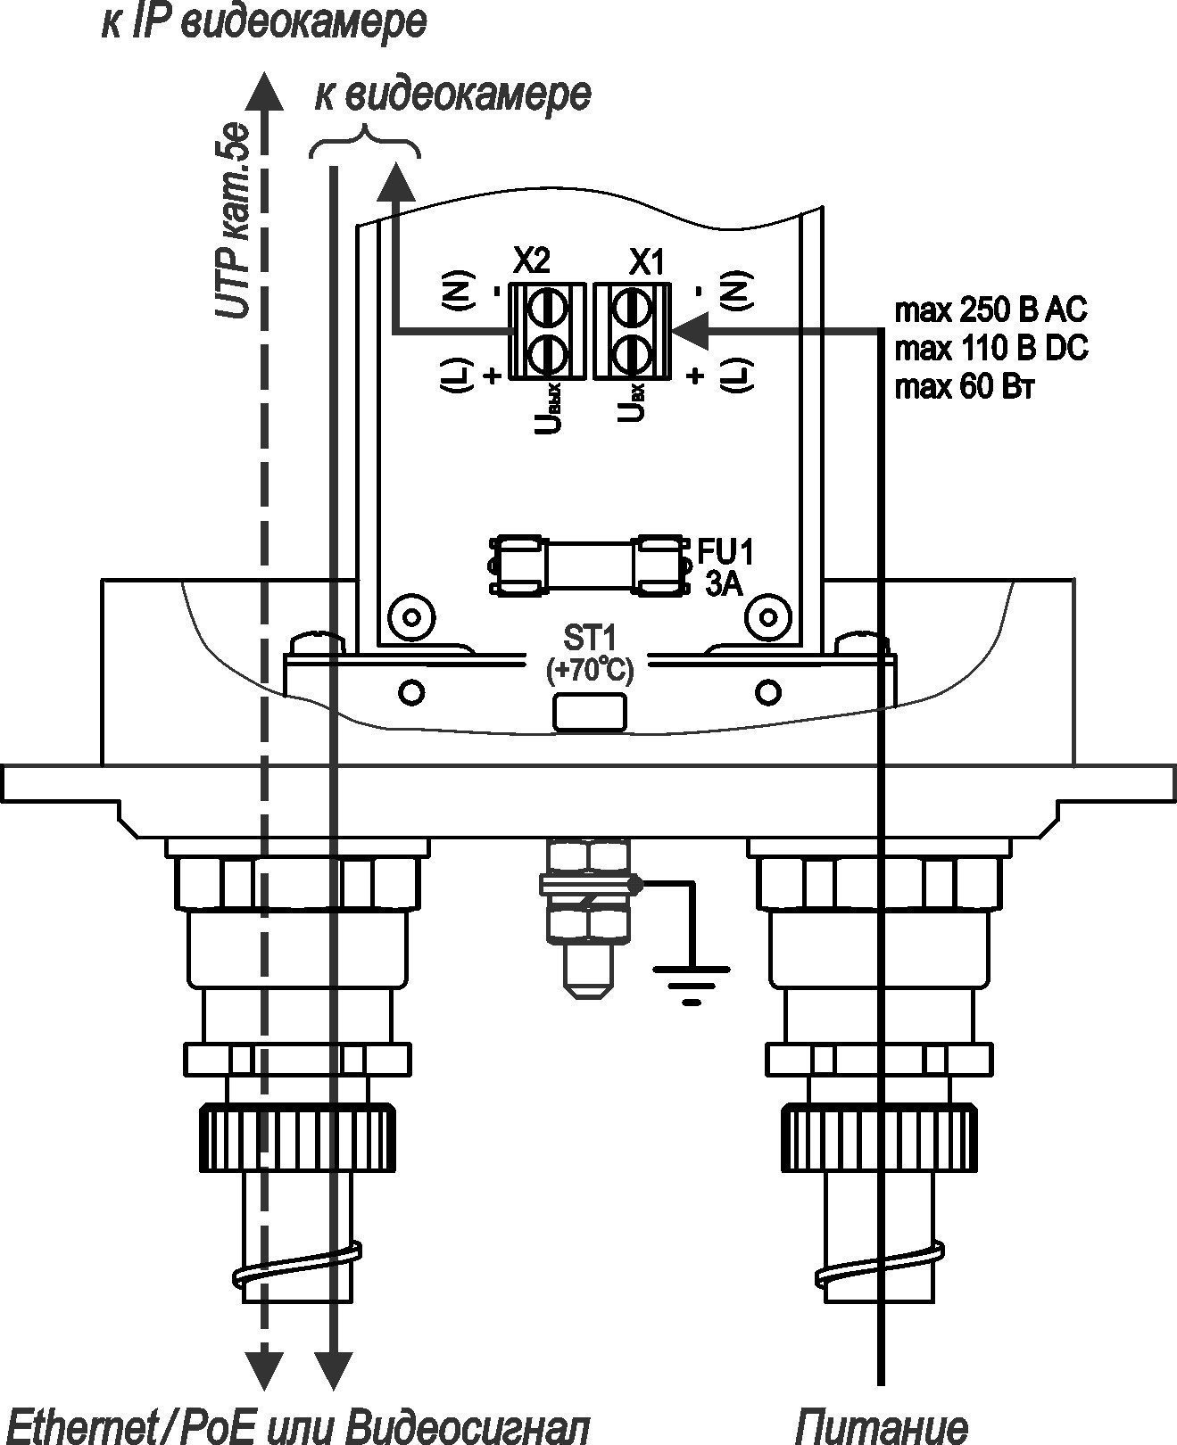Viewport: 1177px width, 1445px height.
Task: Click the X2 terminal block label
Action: (x=532, y=261)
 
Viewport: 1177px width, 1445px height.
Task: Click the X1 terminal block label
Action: (x=646, y=261)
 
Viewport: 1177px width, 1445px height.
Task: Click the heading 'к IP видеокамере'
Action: (x=264, y=23)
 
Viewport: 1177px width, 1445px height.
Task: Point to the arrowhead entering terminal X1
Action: (x=688, y=329)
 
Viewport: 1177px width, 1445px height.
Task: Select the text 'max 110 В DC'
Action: (x=991, y=349)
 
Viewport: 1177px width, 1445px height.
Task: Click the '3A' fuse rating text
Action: (x=724, y=584)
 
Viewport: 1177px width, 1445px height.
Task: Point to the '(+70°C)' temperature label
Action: (x=590, y=669)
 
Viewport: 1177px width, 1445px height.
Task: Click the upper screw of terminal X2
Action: (x=546, y=307)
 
